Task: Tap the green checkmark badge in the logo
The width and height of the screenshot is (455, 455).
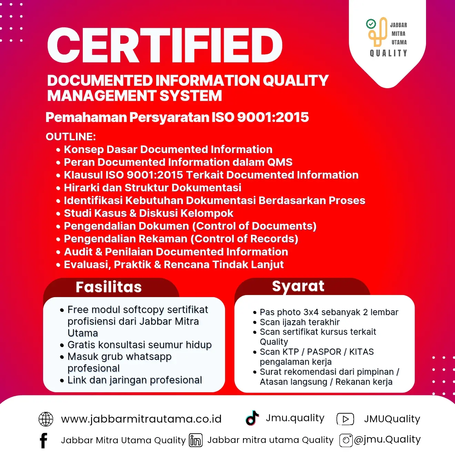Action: [x=371, y=24]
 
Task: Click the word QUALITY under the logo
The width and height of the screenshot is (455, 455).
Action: [x=388, y=53]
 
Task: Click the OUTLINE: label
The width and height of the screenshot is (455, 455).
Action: [x=71, y=136]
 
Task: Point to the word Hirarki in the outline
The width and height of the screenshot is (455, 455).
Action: [x=81, y=188]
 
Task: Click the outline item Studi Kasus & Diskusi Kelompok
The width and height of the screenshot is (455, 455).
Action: [x=149, y=213]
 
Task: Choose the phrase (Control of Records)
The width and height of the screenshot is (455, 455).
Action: [x=244, y=239]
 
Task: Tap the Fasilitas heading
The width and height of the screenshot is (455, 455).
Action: [x=109, y=287]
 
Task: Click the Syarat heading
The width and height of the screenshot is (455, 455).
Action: [x=298, y=286]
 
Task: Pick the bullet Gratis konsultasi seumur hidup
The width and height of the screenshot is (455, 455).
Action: [x=139, y=345]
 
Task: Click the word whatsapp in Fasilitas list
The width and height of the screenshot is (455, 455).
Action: [x=149, y=356]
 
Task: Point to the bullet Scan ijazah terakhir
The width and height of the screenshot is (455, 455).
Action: [x=300, y=322]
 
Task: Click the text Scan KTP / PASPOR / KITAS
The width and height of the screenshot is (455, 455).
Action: [x=316, y=352]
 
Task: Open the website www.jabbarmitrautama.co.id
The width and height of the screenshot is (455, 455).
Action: [x=141, y=419]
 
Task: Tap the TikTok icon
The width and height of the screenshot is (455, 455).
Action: [x=252, y=418]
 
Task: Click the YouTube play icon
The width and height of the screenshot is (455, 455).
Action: [x=345, y=419]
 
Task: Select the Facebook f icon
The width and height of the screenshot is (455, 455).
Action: [x=43, y=440]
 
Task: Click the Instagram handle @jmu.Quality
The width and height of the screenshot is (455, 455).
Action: [x=387, y=439]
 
